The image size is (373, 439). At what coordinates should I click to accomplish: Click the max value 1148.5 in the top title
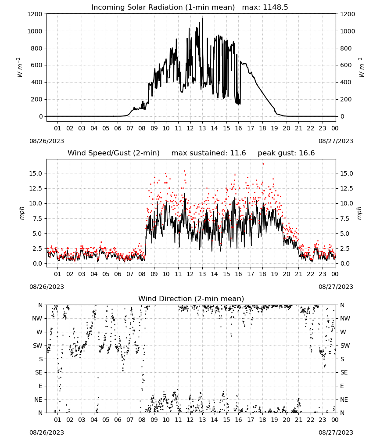275,7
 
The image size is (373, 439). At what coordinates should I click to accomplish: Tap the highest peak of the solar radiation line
203,18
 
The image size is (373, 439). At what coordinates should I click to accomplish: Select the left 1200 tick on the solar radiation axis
35,14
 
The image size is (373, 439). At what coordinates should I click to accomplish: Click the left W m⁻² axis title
19,67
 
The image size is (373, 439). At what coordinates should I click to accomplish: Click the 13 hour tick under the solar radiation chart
202,128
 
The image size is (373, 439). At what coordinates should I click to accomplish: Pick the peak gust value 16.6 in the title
308,153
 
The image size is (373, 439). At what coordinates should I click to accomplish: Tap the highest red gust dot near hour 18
263,164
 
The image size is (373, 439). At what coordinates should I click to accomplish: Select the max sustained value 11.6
238,153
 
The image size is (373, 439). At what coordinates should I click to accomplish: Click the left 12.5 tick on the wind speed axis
36,188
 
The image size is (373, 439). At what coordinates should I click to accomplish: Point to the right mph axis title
359,213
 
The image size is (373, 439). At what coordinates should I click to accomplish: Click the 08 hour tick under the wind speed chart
142,274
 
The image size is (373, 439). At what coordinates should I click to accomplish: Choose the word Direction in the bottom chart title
178,299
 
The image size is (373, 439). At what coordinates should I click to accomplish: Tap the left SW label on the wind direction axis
38,345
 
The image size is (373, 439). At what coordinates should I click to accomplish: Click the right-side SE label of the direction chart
344,372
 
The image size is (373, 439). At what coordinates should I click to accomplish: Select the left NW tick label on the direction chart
37,318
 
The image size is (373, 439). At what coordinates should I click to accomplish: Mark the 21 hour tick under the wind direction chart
298,420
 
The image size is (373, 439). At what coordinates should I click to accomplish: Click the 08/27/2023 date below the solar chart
336,141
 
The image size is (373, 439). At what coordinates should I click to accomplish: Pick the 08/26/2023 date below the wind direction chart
47,432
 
